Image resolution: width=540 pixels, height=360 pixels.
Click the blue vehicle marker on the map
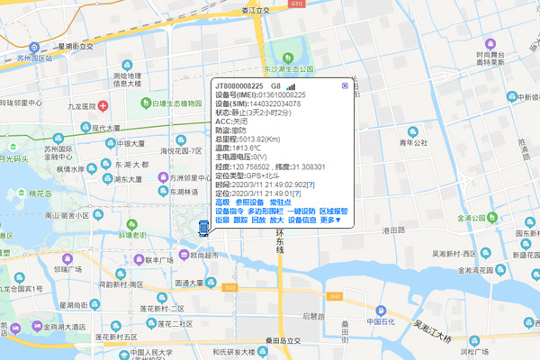(x=204, y=227)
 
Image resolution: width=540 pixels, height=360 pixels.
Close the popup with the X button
(x=345, y=85)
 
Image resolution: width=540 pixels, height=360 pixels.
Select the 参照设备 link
(x=251, y=202)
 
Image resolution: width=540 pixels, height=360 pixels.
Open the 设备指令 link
(x=229, y=211)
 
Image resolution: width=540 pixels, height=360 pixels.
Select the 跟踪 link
(x=240, y=220)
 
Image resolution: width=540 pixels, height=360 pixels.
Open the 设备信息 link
(x=301, y=220)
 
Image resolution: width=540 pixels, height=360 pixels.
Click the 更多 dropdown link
(x=330, y=220)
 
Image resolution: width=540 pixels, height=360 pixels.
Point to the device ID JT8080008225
(x=245, y=85)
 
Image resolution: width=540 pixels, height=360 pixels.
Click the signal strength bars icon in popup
(x=290, y=85)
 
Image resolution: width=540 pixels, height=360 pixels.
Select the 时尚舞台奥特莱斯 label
(x=496, y=58)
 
